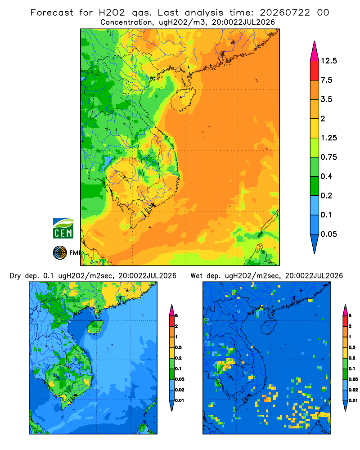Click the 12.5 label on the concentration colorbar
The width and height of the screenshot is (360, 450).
[x=328, y=61]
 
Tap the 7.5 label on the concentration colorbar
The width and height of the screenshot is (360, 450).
[x=326, y=80]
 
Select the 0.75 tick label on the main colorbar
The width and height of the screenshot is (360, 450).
[x=328, y=157]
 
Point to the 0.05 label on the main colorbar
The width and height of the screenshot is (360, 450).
[x=328, y=234]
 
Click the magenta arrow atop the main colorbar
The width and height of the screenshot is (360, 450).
[x=315, y=51]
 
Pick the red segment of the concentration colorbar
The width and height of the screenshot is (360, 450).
[x=315, y=71]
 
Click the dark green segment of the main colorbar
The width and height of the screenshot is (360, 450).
[x=315, y=186]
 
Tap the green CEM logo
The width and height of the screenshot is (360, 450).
[x=63, y=228]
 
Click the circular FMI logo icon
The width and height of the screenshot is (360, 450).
[x=60, y=252]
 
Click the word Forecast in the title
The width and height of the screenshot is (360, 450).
[x=52, y=13]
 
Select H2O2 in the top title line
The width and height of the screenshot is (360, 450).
[x=112, y=13]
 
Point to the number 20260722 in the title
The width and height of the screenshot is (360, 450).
[x=285, y=13]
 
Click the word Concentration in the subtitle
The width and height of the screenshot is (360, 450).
[x=126, y=22]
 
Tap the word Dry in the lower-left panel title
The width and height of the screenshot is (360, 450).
[x=15, y=276]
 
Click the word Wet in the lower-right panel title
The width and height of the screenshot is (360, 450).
[x=197, y=276]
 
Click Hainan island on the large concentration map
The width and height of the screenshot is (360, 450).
[x=183, y=99]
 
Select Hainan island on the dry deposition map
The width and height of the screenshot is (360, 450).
[x=95, y=327]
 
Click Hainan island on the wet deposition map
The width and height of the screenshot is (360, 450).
[x=269, y=327]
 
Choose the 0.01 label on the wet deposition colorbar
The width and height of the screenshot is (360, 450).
[x=353, y=400]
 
